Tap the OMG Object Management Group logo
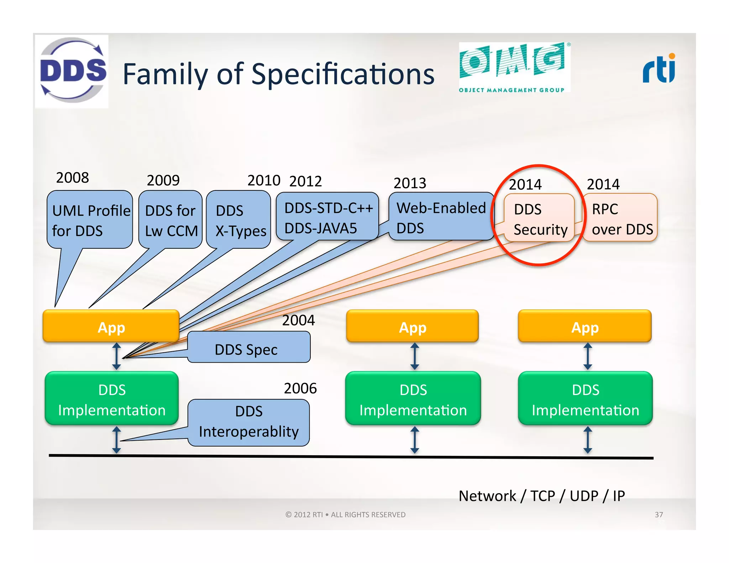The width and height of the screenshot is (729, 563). tap(514, 67)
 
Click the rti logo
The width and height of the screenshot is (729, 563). tap(659, 69)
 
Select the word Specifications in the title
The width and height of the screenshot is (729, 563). tap(343, 74)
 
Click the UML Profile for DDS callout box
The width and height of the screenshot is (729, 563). tap(90, 220)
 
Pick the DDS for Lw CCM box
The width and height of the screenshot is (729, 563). tap(171, 220)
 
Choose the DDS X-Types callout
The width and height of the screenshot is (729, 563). tap(238, 220)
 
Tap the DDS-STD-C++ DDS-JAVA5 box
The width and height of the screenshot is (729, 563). tap(327, 217)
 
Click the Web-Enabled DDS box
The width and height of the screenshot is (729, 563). tap(441, 217)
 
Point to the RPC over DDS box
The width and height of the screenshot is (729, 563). tap(621, 218)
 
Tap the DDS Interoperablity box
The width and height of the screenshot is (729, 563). tap(249, 422)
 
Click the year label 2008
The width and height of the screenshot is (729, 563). tap(72, 178)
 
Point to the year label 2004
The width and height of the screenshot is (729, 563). tap(298, 320)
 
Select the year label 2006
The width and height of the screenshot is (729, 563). tap(300, 388)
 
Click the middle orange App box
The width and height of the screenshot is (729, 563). tap(412, 326)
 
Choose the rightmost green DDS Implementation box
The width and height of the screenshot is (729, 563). tap(585, 399)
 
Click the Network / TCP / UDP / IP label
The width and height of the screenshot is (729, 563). tap(541, 496)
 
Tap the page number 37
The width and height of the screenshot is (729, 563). tap(659, 515)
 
